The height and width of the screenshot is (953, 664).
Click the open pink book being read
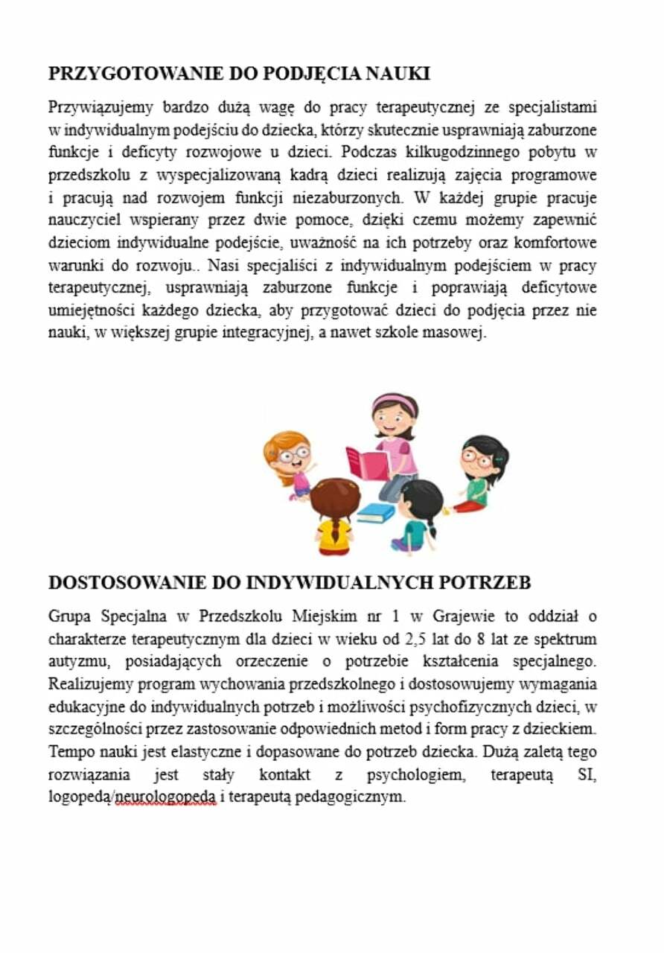367,463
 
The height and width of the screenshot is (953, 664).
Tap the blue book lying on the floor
375,512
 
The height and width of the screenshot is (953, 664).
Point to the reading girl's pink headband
394,403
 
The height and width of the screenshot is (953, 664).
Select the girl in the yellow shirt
334,517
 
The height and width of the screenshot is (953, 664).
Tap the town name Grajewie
462,616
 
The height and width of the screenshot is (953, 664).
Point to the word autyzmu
75,661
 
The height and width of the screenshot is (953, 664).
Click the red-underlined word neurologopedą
166,797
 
